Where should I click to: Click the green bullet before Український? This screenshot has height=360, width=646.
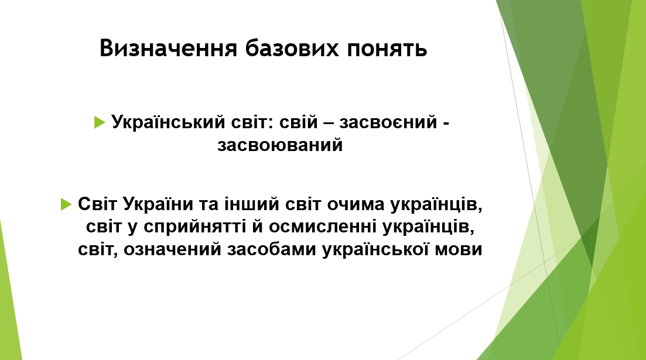100,122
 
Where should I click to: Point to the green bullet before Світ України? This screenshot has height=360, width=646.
66,204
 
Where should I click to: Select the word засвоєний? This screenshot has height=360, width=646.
388,123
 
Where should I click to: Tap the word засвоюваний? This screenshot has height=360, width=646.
280,145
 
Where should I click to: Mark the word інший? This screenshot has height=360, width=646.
247,204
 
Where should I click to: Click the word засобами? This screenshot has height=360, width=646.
272,249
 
